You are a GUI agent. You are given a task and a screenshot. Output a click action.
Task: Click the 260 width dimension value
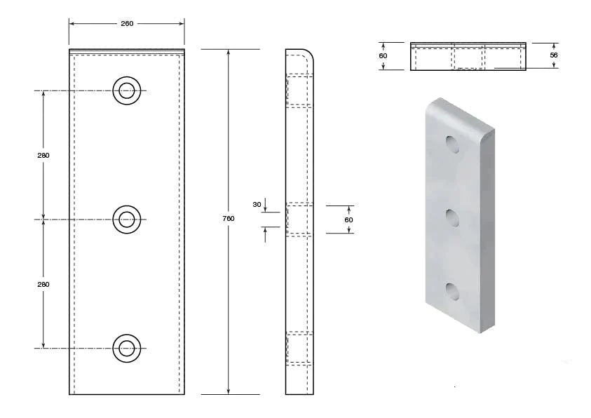tap(127, 23)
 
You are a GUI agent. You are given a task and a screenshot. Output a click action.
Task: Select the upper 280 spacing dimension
tap(43, 155)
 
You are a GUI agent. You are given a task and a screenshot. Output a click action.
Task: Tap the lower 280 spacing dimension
tap(43, 284)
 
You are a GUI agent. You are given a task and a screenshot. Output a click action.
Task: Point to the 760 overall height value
tap(229, 219)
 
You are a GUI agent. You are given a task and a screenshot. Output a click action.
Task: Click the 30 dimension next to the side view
tap(257, 205)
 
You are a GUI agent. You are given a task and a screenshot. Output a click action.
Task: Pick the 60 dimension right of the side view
tap(348, 220)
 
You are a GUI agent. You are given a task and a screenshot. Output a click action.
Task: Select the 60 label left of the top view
tap(383, 56)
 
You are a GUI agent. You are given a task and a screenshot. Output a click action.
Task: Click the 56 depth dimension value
tap(554, 55)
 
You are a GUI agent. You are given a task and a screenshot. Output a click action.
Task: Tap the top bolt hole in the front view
tap(127, 90)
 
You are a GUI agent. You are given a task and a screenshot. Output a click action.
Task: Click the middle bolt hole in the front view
tap(127, 220)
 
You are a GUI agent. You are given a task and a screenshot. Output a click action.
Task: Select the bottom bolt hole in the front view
tap(127, 349)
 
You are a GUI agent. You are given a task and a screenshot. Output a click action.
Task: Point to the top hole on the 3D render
tap(453, 144)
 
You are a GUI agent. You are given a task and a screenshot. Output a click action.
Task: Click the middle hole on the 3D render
tap(454, 218)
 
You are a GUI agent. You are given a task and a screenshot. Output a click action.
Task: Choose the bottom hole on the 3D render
tap(454, 290)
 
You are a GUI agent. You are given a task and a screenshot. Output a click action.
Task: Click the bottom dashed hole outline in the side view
tap(298, 348)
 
